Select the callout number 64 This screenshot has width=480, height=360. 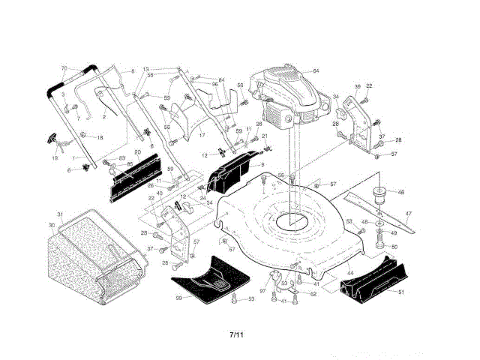point(316,70)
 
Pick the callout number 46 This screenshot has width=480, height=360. point(400,193)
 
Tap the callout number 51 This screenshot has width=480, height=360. point(400,292)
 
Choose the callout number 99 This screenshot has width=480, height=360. point(179,298)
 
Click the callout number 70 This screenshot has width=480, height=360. point(64,68)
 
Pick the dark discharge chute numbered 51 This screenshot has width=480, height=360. point(371,281)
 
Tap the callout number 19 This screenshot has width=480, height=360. point(55,158)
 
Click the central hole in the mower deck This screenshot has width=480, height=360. point(292,221)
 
